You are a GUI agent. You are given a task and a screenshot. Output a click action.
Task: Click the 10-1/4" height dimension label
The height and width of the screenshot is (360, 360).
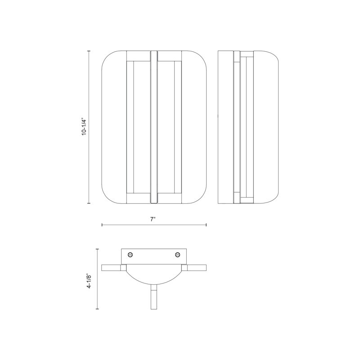(x=84, y=127)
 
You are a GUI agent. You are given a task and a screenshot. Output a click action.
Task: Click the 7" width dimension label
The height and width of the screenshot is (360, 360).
(x=153, y=219)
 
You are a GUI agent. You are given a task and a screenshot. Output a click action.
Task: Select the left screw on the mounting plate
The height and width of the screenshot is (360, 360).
(x=130, y=254)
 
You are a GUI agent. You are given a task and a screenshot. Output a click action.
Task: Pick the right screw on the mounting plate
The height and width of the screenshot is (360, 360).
(x=177, y=254)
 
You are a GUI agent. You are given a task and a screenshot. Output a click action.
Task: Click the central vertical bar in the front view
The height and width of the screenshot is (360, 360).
(x=153, y=127)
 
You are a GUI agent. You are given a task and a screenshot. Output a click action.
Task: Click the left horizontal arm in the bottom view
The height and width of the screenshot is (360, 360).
(x=111, y=268)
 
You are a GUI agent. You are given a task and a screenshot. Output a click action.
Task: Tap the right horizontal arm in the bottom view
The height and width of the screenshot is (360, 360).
(x=197, y=268)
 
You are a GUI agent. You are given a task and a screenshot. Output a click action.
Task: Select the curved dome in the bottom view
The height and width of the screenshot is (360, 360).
(x=154, y=284)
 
